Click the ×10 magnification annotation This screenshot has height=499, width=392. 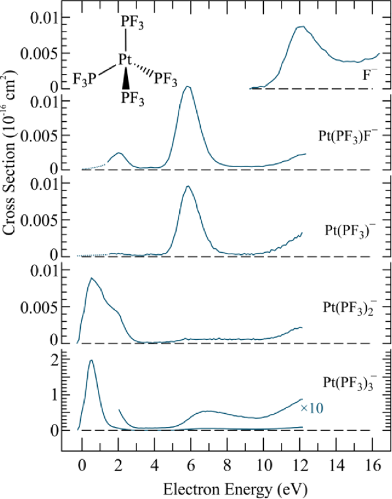(x=312, y=409)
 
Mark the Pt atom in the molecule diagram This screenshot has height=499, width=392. (x=126, y=61)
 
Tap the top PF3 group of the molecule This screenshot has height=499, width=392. (x=132, y=23)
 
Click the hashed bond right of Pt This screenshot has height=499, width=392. (x=144, y=71)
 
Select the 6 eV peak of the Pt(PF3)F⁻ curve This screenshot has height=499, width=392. (x=187, y=86)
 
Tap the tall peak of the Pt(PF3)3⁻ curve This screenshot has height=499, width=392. (x=92, y=360)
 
